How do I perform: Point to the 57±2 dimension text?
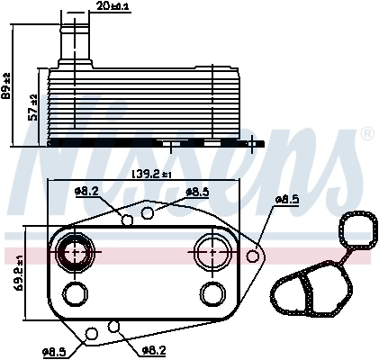tap(33, 108)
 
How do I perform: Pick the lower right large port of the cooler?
tap(212, 293)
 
